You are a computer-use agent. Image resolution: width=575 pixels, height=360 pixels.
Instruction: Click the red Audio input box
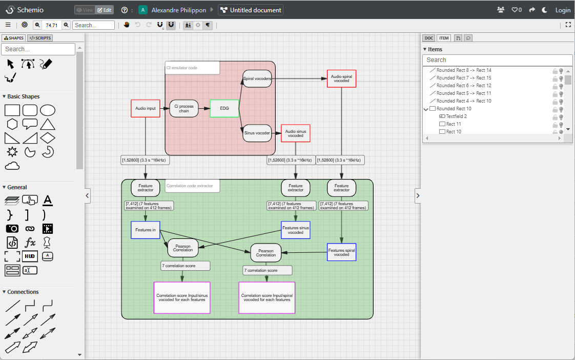(146, 109)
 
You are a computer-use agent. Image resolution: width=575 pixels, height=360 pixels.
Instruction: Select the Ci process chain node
(184, 109)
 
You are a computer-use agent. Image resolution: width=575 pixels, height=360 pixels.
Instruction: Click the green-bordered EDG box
(224, 109)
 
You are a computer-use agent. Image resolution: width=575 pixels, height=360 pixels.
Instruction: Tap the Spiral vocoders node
(257, 78)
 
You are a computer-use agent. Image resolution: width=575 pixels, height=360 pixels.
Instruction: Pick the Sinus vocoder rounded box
(257, 133)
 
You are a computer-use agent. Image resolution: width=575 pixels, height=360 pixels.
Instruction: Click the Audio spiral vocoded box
(341, 78)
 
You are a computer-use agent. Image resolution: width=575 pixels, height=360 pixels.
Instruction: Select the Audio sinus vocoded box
(296, 133)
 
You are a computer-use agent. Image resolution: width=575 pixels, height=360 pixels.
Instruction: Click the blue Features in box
(146, 230)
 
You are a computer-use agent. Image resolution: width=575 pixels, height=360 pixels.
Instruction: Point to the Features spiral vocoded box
(341, 252)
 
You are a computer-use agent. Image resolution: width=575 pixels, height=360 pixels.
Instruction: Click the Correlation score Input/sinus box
(182, 297)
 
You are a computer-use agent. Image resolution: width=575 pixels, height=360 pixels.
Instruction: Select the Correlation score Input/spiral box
(266, 297)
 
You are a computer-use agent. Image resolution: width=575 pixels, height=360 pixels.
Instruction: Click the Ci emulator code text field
(192, 68)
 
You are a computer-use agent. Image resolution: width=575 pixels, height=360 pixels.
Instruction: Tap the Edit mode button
(104, 10)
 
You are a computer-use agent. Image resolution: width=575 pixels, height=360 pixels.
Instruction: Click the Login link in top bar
(563, 10)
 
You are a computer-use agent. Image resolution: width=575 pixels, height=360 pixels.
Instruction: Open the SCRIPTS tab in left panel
(40, 38)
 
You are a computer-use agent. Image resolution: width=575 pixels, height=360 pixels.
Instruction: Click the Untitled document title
(251, 10)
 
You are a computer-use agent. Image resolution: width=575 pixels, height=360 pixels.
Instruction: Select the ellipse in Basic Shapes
(48, 110)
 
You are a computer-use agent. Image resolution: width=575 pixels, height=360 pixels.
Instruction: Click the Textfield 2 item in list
(456, 116)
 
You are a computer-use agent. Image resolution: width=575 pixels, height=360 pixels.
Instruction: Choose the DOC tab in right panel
(428, 38)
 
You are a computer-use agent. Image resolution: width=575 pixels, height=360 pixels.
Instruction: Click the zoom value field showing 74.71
(52, 25)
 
